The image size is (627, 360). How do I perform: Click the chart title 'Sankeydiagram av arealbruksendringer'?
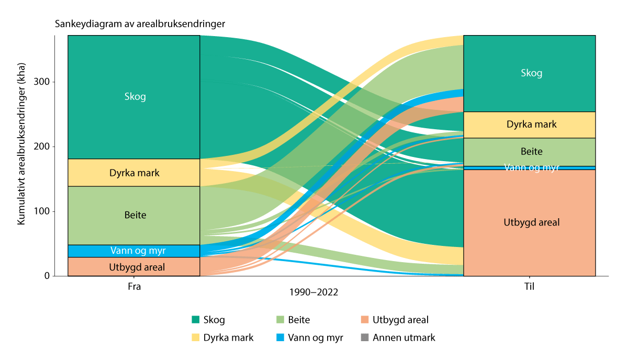[140, 24]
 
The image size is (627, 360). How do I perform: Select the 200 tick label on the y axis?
[43, 147]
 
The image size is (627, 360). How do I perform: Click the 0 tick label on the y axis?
[47, 276]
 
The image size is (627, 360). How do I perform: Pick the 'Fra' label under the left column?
[134, 287]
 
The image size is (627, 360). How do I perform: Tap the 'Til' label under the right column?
[529, 287]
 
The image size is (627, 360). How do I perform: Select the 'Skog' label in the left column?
[135, 96]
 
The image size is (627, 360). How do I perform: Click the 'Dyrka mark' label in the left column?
[134, 173]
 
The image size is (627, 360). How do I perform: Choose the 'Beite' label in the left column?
[135, 215]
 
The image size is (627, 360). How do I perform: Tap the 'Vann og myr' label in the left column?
[134, 251]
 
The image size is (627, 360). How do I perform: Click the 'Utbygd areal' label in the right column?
[531, 222]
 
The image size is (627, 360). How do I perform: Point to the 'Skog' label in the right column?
[531, 73]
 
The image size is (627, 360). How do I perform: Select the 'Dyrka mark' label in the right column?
[531, 125]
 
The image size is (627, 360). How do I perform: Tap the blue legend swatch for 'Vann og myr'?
[280, 337]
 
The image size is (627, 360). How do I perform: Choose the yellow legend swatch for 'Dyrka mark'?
[196, 337]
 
